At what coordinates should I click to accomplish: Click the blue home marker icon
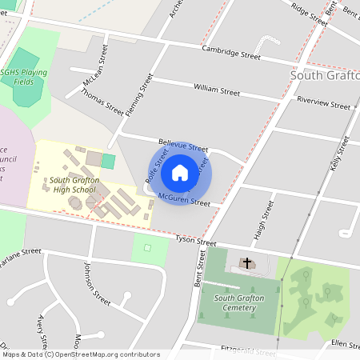(180, 172)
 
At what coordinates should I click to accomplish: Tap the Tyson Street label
(196, 241)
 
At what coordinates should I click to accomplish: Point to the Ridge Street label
(310, 14)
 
